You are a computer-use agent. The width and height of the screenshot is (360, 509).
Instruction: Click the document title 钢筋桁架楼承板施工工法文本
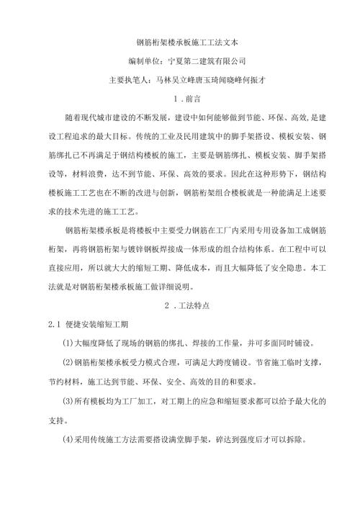pyautogui.click(x=179, y=43)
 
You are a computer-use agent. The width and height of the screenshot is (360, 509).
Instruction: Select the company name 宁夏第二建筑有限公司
pyautogui.click(x=206, y=61)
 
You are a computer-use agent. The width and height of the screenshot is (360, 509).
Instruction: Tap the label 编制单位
pyautogui.click(x=143, y=61)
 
